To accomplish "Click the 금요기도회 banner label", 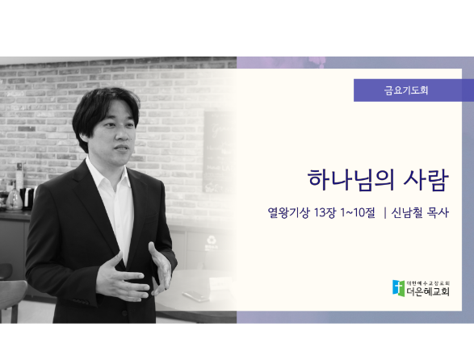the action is click(406, 90).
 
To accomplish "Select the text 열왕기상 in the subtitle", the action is click(288, 212).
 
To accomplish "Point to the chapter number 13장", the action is click(325, 212).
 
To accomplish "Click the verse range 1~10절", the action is click(358, 212).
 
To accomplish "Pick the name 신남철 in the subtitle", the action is click(407, 212).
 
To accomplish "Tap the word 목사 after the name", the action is click(438, 212).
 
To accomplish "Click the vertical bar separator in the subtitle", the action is click(385, 212).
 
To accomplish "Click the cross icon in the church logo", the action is click(398, 288).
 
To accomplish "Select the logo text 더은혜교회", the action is click(428, 291).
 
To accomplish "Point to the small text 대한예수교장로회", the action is click(428, 283).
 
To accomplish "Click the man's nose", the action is click(122, 135).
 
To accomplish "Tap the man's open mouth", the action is click(122, 149).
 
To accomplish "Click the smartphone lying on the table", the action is click(196, 295).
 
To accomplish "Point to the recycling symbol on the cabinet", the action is click(211, 241).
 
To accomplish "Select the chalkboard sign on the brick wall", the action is click(218, 152).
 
